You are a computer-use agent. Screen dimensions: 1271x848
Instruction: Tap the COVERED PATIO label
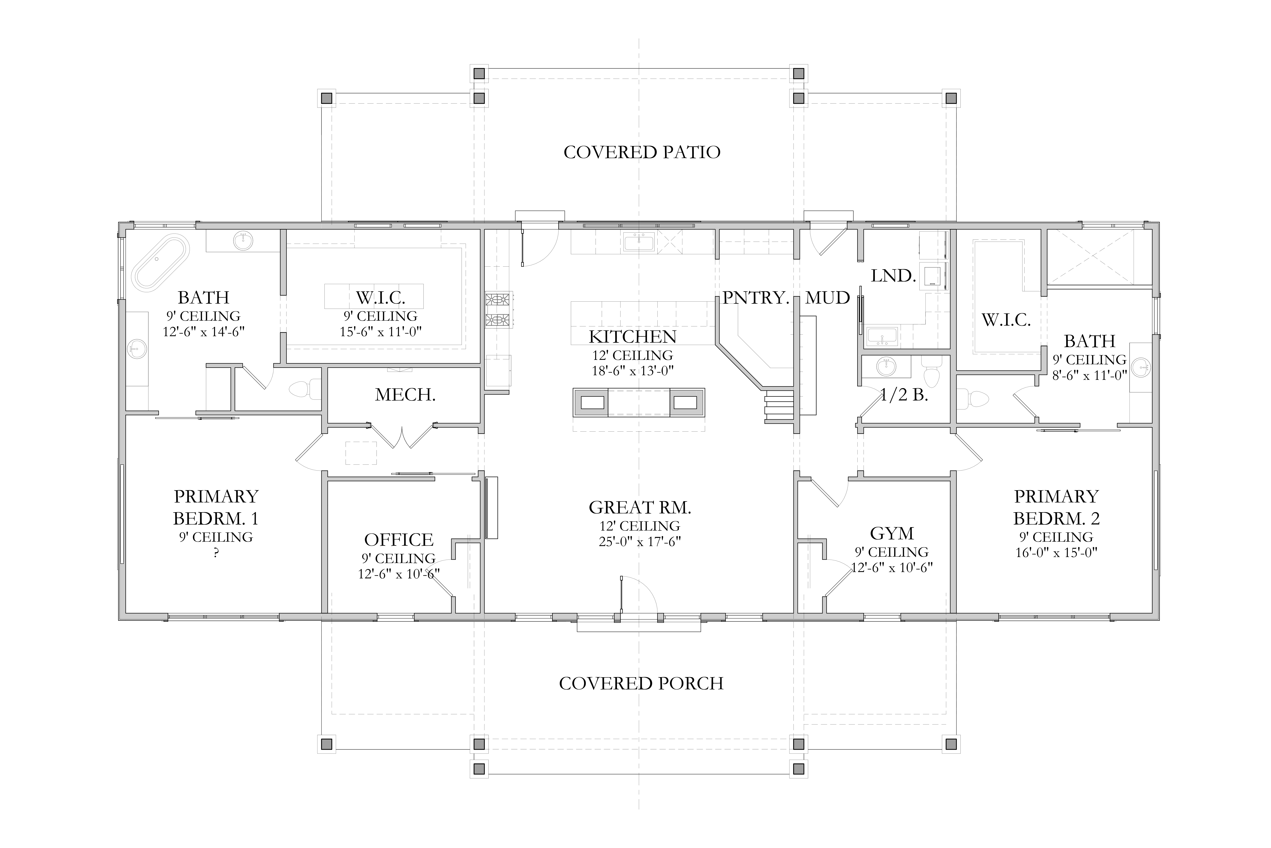click(x=642, y=152)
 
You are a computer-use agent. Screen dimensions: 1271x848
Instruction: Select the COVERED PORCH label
click(x=642, y=684)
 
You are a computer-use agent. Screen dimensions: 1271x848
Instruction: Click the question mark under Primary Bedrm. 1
click(x=216, y=553)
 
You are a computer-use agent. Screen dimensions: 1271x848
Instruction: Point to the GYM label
click(x=892, y=534)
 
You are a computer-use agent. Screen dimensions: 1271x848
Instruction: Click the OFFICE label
click(x=399, y=540)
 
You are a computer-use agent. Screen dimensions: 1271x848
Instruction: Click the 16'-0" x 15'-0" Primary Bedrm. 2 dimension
click(x=1056, y=553)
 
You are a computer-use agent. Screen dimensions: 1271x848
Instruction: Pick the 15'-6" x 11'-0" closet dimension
click(x=380, y=332)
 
